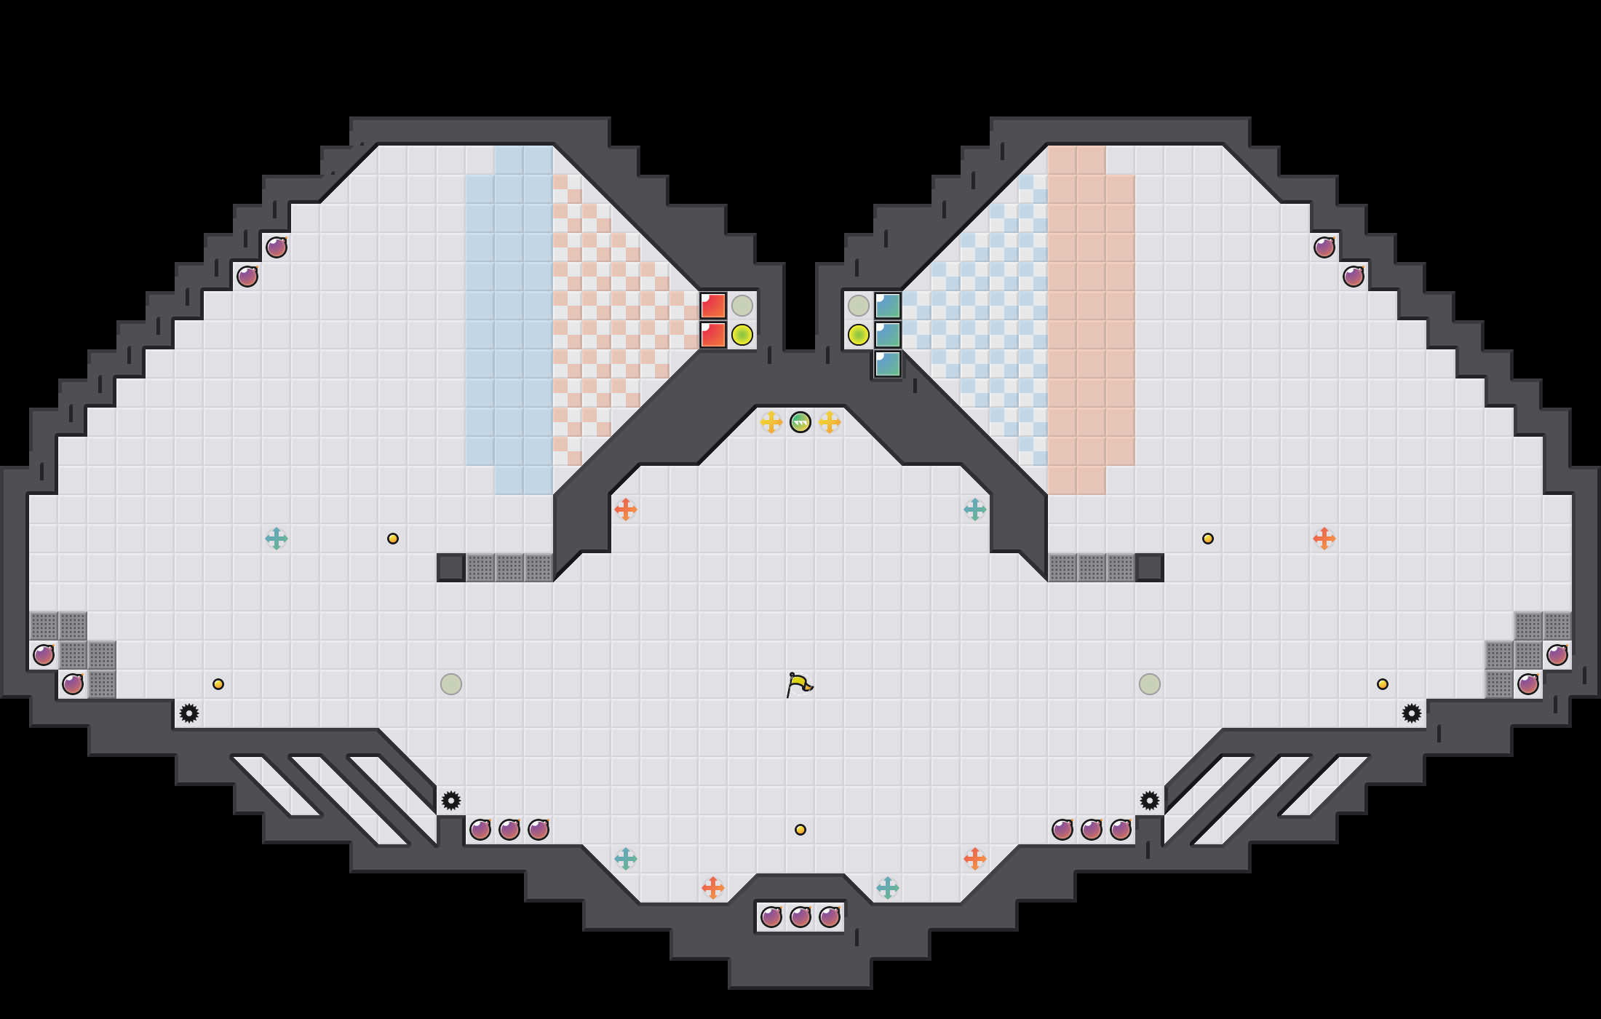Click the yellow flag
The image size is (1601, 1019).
click(799, 684)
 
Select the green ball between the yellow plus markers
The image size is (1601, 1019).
click(800, 422)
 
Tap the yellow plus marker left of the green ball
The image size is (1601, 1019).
click(771, 422)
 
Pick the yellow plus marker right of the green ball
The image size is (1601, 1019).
click(830, 422)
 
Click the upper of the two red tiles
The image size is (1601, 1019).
click(713, 306)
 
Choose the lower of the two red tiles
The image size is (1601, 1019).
click(713, 335)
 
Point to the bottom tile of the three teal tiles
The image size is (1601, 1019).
click(888, 364)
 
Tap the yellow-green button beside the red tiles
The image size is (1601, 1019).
click(742, 335)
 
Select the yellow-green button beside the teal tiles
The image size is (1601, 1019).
click(859, 335)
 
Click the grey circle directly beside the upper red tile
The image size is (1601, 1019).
click(742, 306)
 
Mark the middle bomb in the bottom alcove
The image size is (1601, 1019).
click(800, 917)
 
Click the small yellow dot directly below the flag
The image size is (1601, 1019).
click(800, 830)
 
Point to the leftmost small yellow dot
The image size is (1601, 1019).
click(218, 684)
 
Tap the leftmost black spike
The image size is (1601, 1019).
click(189, 713)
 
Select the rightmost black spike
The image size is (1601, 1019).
click(1412, 713)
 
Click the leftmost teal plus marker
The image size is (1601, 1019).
click(277, 539)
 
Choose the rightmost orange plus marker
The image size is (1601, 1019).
click(1324, 539)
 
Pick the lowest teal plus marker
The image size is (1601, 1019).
click(888, 888)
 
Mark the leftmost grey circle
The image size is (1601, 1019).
click(451, 684)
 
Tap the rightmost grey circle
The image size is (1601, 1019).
click(1150, 684)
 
